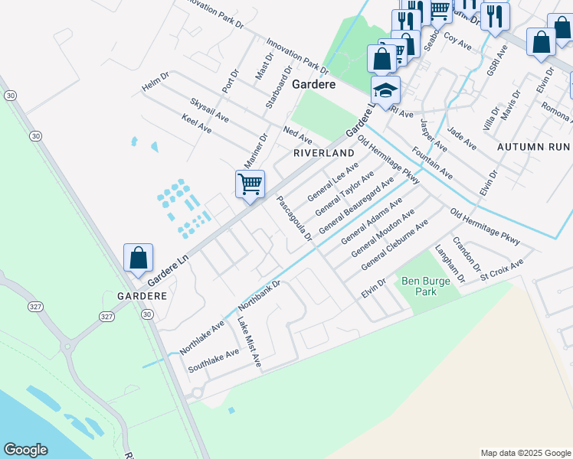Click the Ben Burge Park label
pos(421,286)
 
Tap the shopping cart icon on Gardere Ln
pos(250,185)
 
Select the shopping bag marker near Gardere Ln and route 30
pos(138,259)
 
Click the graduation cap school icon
pos(385,90)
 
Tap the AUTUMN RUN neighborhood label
pos(533,145)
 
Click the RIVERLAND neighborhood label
pos(324,153)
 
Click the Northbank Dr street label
pos(260,295)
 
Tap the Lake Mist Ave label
pos(250,341)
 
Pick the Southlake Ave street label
pos(214,360)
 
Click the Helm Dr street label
pos(154,86)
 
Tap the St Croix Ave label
pos(502,272)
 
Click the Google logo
pos(25,450)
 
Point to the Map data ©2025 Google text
pos(525,453)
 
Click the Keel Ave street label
pos(197,124)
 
